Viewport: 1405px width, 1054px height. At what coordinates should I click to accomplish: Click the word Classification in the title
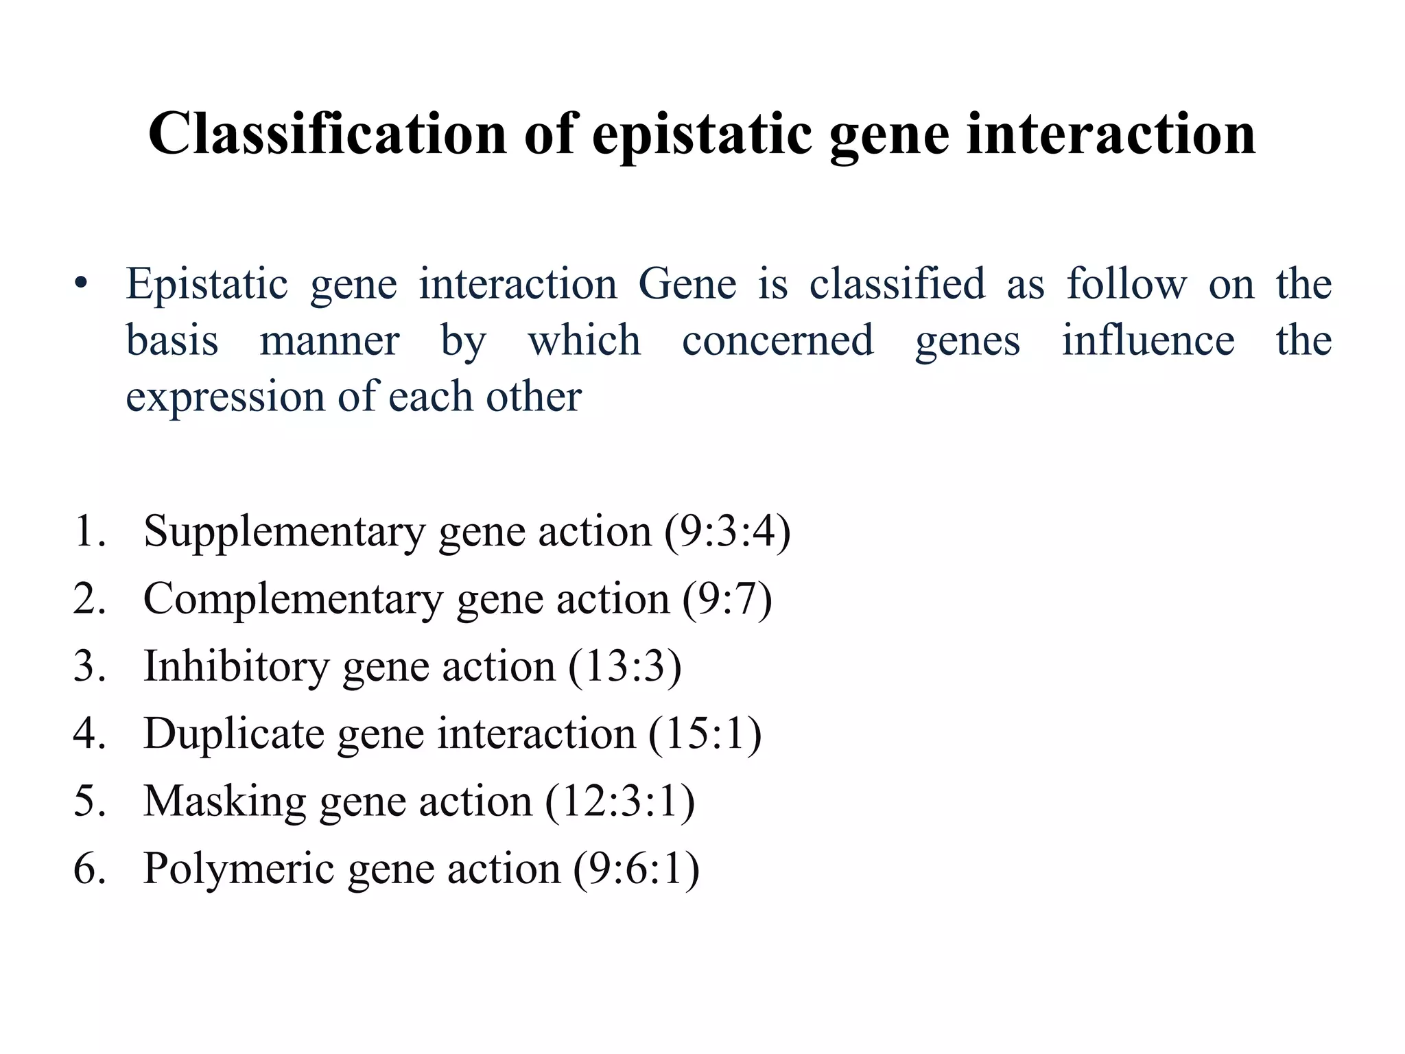(x=327, y=134)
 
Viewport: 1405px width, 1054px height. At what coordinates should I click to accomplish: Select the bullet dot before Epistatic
(x=82, y=284)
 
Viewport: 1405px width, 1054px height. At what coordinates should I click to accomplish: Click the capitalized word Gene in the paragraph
(x=687, y=284)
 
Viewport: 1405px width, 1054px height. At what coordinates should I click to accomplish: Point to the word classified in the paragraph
(x=897, y=284)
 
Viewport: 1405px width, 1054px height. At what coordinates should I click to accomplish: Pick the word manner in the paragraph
(x=329, y=341)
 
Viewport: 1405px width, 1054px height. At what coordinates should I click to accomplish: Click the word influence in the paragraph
(x=1148, y=341)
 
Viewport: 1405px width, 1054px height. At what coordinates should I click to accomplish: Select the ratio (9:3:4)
(x=727, y=531)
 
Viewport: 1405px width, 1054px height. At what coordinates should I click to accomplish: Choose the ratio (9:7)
(x=727, y=599)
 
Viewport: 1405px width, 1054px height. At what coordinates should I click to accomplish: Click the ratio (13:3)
(x=625, y=666)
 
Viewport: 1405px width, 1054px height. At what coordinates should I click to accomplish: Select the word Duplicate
(x=233, y=734)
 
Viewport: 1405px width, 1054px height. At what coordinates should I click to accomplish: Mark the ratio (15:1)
(x=705, y=734)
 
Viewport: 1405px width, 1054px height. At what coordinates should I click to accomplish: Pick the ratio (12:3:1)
(x=619, y=801)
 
